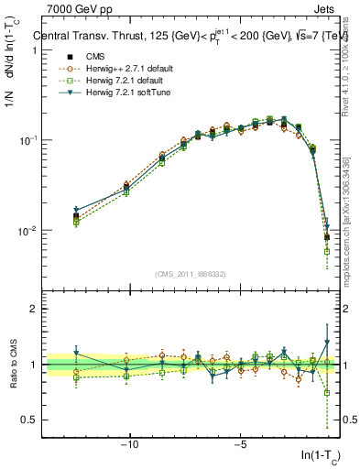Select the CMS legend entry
[x=91, y=57]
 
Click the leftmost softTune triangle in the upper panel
[x=76, y=210]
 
